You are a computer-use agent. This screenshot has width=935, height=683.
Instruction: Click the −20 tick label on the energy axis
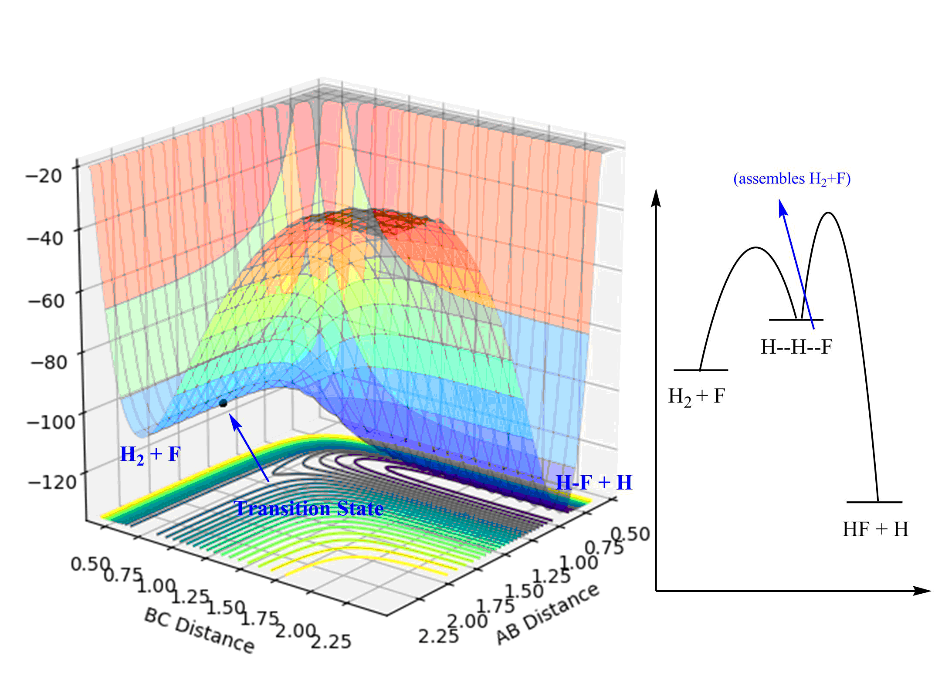point(44,176)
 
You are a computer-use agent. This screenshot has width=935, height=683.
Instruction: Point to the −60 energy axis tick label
point(46,301)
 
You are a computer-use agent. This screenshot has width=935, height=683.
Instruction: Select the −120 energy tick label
point(52,482)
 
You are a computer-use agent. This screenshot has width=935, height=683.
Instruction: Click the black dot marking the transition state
point(223,403)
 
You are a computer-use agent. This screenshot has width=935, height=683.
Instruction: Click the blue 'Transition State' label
point(308,508)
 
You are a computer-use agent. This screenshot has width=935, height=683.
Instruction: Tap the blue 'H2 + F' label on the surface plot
point(150,455)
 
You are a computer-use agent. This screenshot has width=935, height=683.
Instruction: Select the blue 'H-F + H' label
point(594,483)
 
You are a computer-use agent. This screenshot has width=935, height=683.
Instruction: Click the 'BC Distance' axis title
point(199,630)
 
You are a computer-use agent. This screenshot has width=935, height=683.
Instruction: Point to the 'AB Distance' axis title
point(548,614)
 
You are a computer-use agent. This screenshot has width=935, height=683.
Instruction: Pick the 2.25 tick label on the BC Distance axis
point(331,641)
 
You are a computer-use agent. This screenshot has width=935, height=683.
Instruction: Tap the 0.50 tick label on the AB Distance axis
point(630,534)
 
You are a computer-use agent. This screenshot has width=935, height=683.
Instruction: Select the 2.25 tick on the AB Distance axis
point(438,636)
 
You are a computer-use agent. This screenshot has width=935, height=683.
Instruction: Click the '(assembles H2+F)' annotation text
point(792,179)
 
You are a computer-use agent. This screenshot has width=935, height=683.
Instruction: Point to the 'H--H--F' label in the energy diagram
point(796,347)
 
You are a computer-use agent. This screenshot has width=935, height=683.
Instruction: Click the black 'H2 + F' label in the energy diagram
point(696,397)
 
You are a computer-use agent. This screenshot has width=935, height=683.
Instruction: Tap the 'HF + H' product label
point(875,530)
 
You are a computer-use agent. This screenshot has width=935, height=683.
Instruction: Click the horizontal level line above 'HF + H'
point(874,502)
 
